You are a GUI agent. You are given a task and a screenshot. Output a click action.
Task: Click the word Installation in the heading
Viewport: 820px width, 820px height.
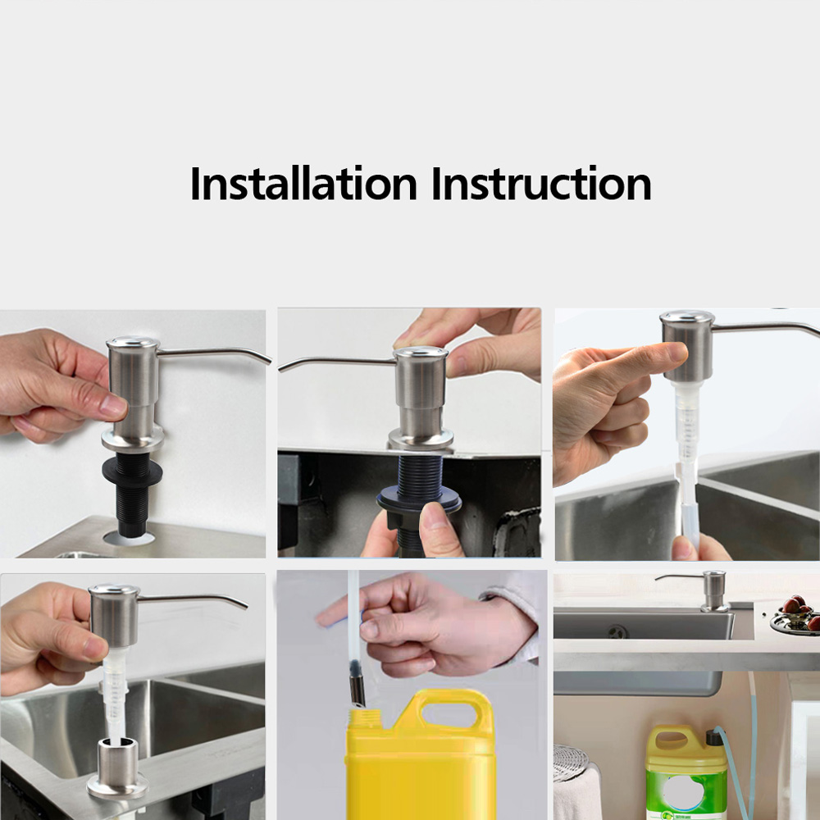[x=303, y=183]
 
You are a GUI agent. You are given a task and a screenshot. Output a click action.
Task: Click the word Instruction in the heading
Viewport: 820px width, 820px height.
[x=541, y=183]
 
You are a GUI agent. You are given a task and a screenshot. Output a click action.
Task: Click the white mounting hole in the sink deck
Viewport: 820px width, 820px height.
[x=129, y=539]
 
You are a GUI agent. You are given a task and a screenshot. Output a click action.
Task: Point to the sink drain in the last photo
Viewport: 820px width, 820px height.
[x=617, y=631]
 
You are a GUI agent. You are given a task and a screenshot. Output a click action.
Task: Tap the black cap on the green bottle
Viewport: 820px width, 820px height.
[x=714, y=737]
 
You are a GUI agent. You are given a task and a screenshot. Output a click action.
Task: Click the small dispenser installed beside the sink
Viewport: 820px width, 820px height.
[x=704, y=591]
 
